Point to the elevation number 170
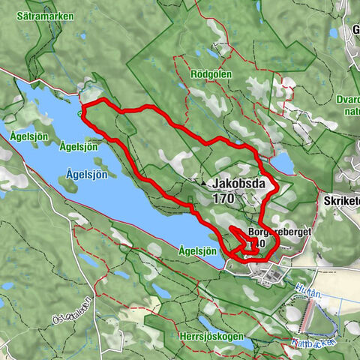(x=223, y=199)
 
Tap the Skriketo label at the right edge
(x=342, y=201)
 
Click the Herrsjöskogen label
(x=211, y=337)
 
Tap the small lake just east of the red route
(x=283, y=163)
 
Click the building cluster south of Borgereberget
(x=268, y=277)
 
